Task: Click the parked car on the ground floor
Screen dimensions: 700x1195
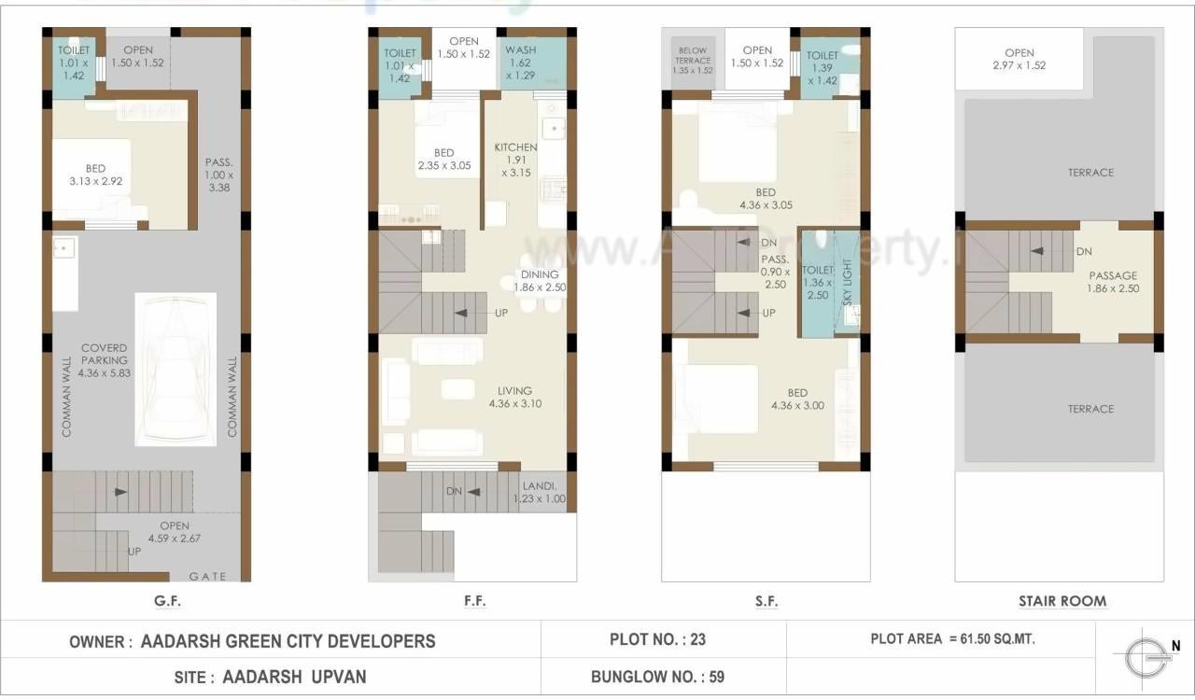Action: click(176, 370)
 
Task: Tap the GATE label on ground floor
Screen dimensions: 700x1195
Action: click(208, 576)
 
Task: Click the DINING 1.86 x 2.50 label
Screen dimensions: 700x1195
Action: click(540, 281)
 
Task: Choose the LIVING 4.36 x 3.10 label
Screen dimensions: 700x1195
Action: click(514, 398)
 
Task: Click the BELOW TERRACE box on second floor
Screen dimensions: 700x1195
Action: click(693, 61)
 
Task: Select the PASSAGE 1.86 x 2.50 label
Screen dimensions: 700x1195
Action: click(1112, 282)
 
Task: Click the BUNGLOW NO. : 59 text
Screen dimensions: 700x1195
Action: click(657, 677)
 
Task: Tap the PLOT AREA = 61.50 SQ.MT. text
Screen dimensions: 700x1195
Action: click(952, 639)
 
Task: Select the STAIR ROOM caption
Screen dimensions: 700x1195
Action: click(1062, 601)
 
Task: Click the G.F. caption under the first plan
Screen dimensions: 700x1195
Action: click(167, 601)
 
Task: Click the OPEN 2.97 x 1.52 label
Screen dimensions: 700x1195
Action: click(1019, 59)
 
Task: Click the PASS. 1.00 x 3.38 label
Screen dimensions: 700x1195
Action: click(219, 175)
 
